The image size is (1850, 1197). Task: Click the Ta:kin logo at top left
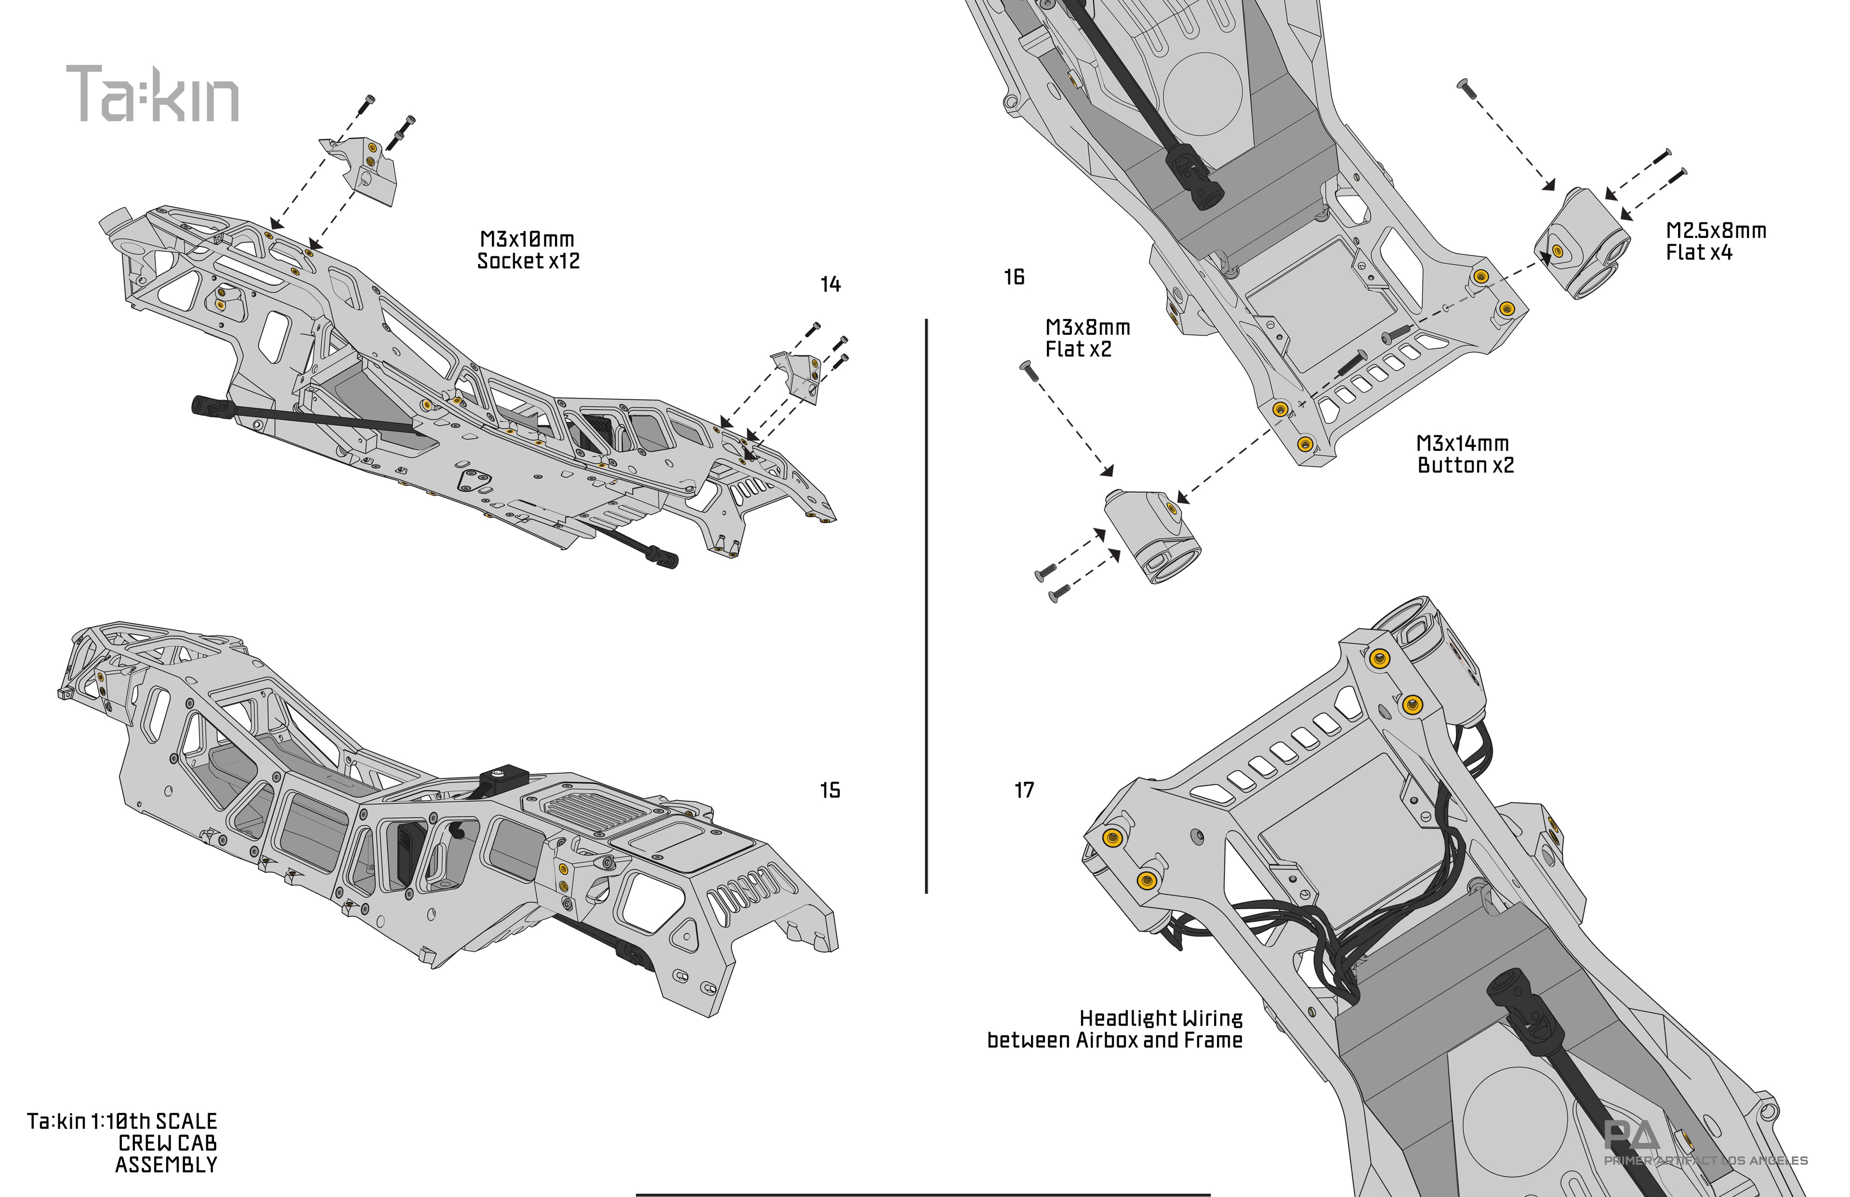click(x=152, y=94)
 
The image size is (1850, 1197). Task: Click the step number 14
click(x=830, y=285)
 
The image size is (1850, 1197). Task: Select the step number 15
click(x=830, y=790)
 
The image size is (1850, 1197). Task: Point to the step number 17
click(x=1025, y=790)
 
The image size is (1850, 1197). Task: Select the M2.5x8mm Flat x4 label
click(x=1716, y=241)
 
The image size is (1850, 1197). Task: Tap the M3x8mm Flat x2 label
click(x=1087, y=338)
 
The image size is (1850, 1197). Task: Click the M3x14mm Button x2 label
click(x=1465, y=454)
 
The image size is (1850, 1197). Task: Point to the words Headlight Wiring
click(x=1161, y=1018)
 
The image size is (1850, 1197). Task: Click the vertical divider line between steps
click(x=926, y=606)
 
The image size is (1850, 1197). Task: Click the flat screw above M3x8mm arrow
click(x=1029, y=371)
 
